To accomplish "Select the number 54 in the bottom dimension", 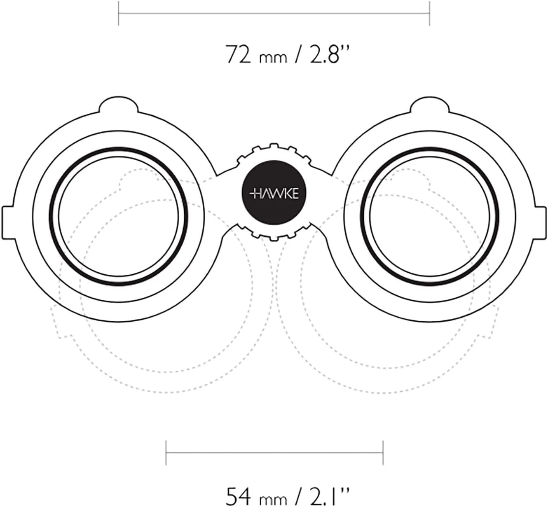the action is (239, 488).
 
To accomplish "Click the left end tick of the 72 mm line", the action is (119, 13).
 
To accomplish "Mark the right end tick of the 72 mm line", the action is (429, 13).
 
